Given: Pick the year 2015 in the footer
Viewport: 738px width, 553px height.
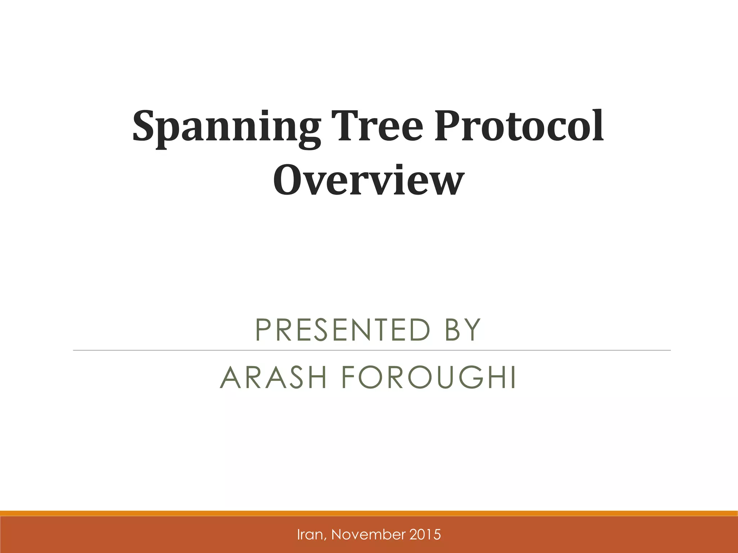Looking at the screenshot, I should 427,535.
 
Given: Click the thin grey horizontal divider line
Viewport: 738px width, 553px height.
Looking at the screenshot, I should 371,350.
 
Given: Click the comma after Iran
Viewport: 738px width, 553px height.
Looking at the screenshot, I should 327,538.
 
